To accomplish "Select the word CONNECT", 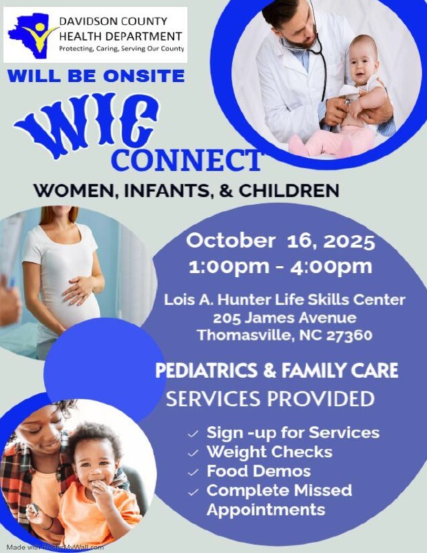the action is pyautogui.click(x=186, y=160).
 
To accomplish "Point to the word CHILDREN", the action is pyautogui.click(x=289, y=190).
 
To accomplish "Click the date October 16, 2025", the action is pyautogui.click(x=280, y=241).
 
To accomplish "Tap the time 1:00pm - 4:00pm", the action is pyautogui.click(x=280, y=267).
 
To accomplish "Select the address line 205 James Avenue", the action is pyautogui.click(x=284, y=318).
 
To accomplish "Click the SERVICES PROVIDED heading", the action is pyautogui.click(x=270, y=399).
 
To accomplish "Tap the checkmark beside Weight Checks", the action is pyautogui.click(x=193, y=453).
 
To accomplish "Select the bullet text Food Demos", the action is pyautogui.click(x=258, y=471).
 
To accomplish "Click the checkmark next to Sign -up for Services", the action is pyautogui.click(x=193, y=434).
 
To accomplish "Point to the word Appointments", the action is pyautogui.click(x=266, y=510).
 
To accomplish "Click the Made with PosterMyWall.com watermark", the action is pyautogui.click(x=55, y=547).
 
